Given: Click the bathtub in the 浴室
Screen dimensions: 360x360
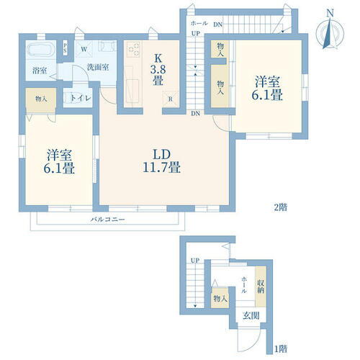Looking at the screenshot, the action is click(x=40, y=50).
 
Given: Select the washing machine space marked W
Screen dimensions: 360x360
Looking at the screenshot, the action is click(x=84, y=49).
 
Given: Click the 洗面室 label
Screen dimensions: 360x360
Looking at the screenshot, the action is click(x=98, y=67).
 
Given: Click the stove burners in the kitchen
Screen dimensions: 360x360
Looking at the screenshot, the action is click(x=133, y=49).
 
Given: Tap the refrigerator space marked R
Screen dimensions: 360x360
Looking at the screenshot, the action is click(x=171, y=99).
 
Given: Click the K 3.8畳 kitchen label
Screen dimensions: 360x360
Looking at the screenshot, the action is click(x=158, y=70).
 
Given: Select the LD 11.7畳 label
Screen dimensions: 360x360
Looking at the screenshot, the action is click(x=161, y=161).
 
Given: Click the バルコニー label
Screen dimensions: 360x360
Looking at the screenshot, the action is click(x=108, y=220).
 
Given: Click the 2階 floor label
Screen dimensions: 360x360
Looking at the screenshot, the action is click(x=281, y=207).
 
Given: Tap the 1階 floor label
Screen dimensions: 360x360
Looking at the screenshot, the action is click(x=281, y=348).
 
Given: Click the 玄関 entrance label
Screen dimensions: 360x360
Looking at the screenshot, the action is click(x=251, y=316).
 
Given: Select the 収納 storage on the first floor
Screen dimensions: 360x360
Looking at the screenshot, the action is click(x=261, y=287).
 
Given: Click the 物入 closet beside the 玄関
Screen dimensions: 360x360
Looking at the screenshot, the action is click(x=220, y=298).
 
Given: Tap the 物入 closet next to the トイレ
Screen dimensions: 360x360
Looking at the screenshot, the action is click(x=41, y=99).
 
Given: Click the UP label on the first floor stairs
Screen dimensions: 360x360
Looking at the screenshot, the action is click(x=195, y=260).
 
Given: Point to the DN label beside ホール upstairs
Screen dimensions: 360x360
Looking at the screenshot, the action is click(x=218, y=24).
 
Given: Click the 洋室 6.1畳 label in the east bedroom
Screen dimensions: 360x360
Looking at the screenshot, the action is click(x=267, y=88).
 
